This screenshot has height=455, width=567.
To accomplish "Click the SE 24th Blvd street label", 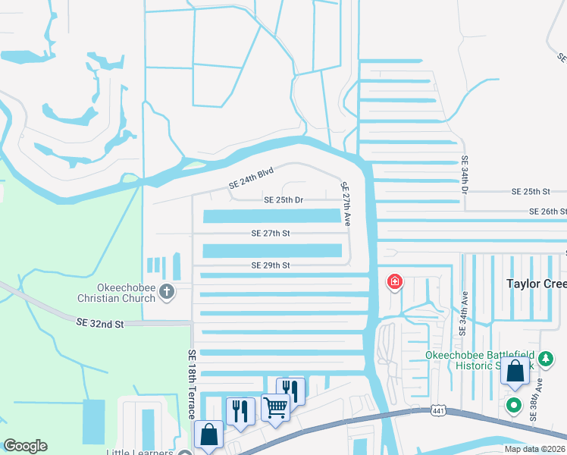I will (251, 179).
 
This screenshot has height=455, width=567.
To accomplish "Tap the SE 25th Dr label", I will (283, 200).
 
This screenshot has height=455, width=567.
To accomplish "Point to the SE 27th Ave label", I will (346, 204).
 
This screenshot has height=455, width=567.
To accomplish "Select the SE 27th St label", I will (271, 234).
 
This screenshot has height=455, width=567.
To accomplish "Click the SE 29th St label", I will (271, 265).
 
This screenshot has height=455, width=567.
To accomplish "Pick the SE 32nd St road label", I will (99, 323).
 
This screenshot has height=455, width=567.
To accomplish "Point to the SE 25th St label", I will (530, 192).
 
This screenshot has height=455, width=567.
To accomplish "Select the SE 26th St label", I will (547, 212).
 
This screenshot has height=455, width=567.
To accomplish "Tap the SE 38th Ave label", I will (536, 391).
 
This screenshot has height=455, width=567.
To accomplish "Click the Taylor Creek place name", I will (536, 283).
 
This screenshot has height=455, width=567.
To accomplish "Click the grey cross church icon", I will (165, 292).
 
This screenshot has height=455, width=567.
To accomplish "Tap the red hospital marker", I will (394, 283).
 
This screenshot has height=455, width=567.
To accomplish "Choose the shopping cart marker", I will (276, 407).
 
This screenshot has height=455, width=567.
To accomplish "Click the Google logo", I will (25, 446).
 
